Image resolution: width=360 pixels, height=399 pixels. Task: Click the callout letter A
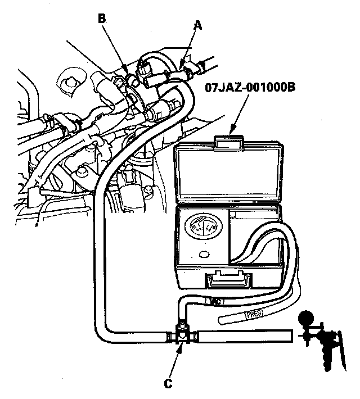[197, 25]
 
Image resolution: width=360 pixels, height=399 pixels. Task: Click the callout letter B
[102, 19]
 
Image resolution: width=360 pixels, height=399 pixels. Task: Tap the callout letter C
[167, 384]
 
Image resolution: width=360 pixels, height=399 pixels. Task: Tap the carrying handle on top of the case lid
[229, 138]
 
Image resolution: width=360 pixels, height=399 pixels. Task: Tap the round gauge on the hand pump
[308, 320]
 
